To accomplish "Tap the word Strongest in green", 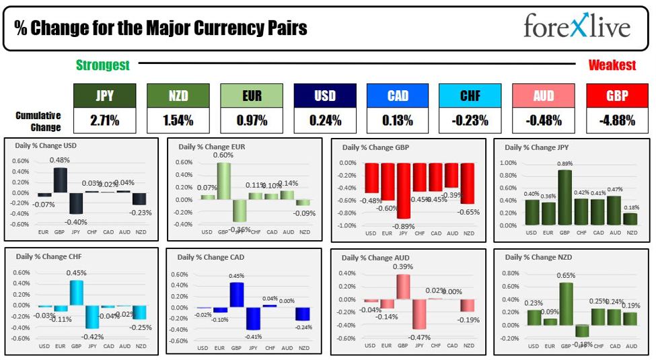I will tap(102, 65).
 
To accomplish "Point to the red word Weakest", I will tap(612, 65).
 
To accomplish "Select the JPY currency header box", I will tap(104, 96).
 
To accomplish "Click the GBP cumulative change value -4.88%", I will tap(616, 121).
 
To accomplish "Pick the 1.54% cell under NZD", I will tap(178, 121).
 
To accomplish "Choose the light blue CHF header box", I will tap(470, 96).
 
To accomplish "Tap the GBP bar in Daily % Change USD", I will tap(60, 180).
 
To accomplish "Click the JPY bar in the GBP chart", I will tap(403, 190).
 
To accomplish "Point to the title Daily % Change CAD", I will tap(208, 257).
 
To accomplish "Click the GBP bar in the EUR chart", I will tap(223, 181).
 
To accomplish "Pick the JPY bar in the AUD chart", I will tap(418, 314).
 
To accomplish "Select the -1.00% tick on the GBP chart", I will tap(347, 225).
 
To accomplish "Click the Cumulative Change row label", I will tap(38, 121).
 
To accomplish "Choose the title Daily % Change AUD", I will tap(375, 258).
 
